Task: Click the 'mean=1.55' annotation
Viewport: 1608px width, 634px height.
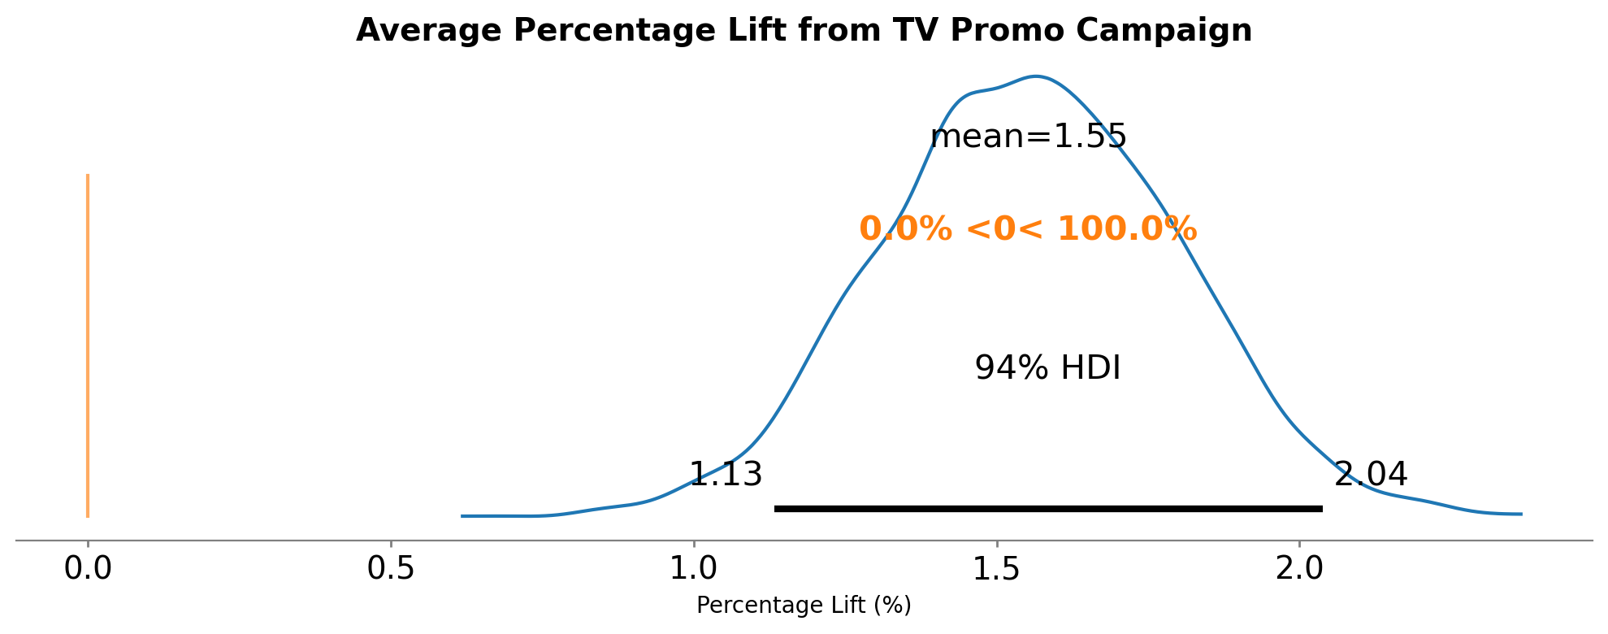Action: pyautogui.click(x=1028, y=137)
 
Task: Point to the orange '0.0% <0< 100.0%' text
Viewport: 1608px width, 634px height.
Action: pyautogui.click(x=1028, y=229)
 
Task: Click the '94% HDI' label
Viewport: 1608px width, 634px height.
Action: pyautogui.click(x=1047, y=369)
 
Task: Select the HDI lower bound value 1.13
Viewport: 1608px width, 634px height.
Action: pyautogui.click(x=726, y=475)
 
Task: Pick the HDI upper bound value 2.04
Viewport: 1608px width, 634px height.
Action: pyautogui.click(x=1371, y=475)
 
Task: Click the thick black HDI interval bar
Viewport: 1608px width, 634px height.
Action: pyautogui.click(x=1048, y=509)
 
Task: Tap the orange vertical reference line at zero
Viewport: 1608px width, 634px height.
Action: pyautogui.click(x=88, y=345)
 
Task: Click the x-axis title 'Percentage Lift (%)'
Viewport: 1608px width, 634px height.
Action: pyautogui.click(x=804, y=606)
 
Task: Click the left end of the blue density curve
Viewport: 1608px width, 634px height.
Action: pyautogui.click(x=462, y=516)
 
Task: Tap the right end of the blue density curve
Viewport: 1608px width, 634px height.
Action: pyautogui.click(x=1520, y=514)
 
